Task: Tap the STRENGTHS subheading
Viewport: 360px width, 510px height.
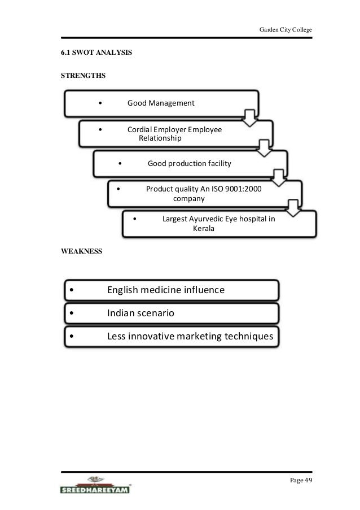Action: (x=82, y=75)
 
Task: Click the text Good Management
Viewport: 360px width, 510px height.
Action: (x=161, y=103)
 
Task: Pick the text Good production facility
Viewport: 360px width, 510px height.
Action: (x=189, y=164)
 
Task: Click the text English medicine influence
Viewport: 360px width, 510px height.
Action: (x=165, y=290)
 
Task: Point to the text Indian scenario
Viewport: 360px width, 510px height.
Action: (x=141, y=313)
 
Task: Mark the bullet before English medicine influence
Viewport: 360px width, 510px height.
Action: (x=70, y=291)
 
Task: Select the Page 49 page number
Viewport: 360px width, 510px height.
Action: (x=301, y=480)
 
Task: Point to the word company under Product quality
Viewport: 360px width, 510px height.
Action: (x=188, y=199)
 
